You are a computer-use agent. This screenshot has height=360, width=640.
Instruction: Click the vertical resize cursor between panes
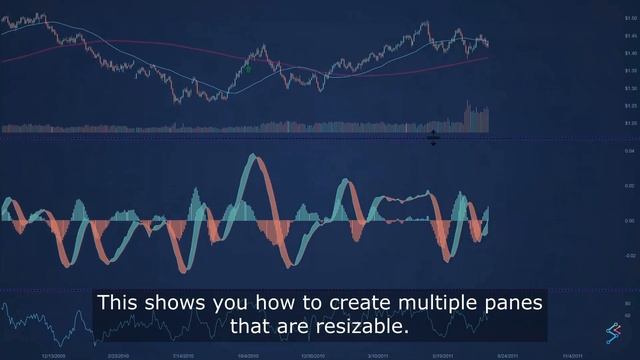(x=433, y=138)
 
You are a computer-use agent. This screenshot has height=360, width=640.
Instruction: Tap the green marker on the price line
(x=248, y=69)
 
